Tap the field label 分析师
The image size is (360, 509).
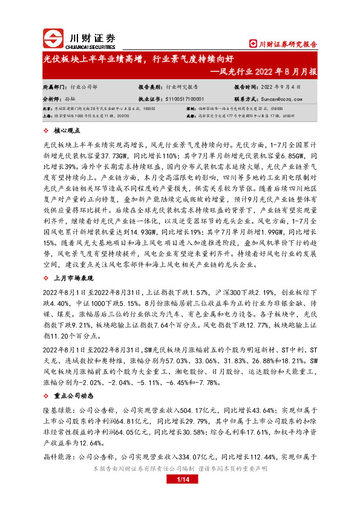click(x=52, y=98)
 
